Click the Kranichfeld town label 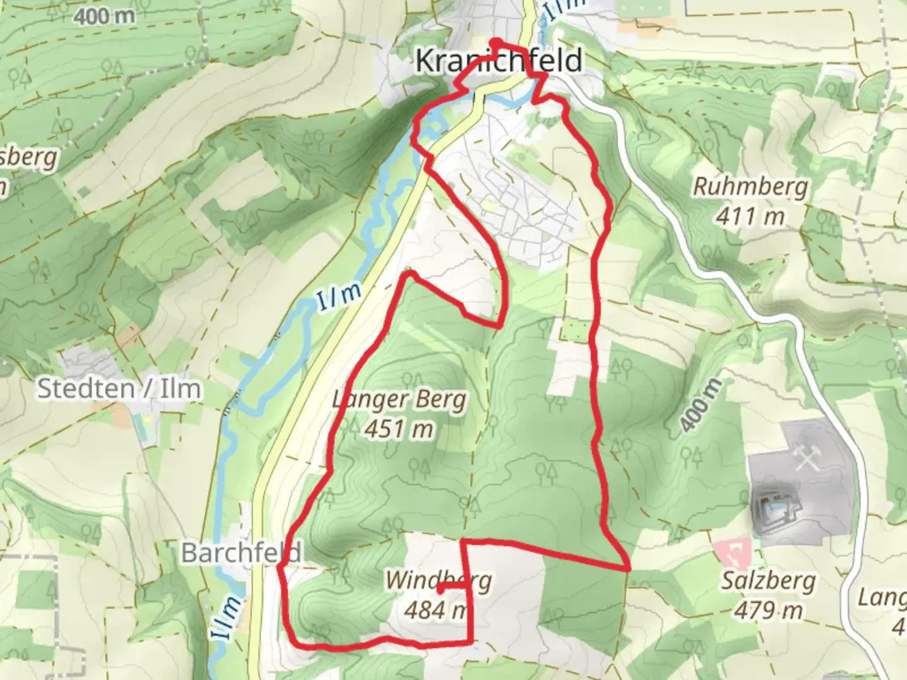pos(498,61)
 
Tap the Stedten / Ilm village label pos(119,388)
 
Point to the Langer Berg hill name pos(400,400)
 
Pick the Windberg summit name pos(438,580)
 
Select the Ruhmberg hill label pos(750,187)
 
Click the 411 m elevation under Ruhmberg pos(750,217)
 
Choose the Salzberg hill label pos(768,581)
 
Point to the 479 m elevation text pos(768,610)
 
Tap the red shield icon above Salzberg pos(733,553)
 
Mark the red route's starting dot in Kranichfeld pos(497,43)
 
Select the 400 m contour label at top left pos(105,16)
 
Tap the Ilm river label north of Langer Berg pos(339,297)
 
